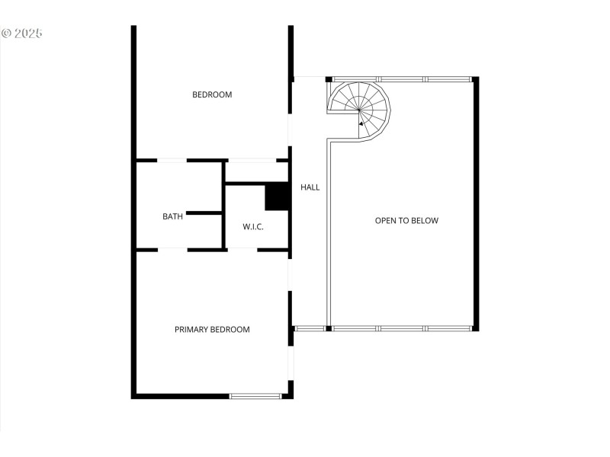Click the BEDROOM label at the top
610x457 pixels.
(x=212, y=94)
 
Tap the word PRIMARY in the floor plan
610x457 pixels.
(x=191, y=329)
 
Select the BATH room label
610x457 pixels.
(x=172, y=216)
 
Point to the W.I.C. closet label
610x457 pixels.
(x=253, y=226)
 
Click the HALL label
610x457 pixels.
(x=310, y=187)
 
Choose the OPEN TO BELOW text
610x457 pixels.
(x=406, y=221)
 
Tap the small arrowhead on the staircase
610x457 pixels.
(x=361, y=124)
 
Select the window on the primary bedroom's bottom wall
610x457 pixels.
(x=255, y=395)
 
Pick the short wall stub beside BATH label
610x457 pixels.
(x=203, y=213)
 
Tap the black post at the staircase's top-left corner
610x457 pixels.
(x=329, y=78)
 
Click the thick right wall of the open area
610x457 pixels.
(x=476, y=204)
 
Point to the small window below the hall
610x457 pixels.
(x=310, y=328)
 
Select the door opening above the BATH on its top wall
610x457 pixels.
(x=172, y=160)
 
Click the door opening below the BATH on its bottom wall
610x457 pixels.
(x=172, y=249)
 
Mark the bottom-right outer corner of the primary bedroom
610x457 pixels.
(x=291, y=395)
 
